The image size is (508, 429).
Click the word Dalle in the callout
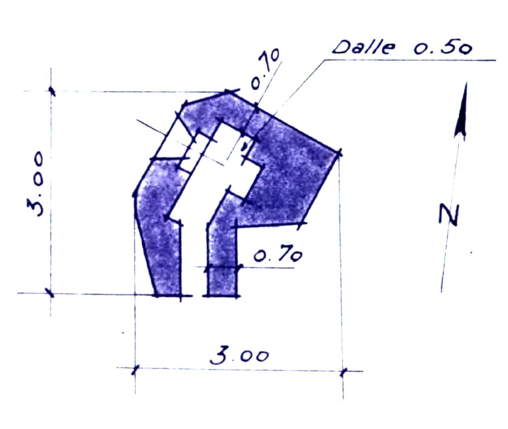[364, 47]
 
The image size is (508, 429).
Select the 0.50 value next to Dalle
[442, 48]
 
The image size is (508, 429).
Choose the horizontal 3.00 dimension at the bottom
[240, 354]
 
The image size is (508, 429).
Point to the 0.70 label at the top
[265, 69]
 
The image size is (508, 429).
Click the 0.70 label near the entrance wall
[278, 254]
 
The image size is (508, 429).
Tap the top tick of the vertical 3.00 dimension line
[51, 91]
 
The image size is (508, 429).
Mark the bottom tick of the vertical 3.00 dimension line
[50, 293]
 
